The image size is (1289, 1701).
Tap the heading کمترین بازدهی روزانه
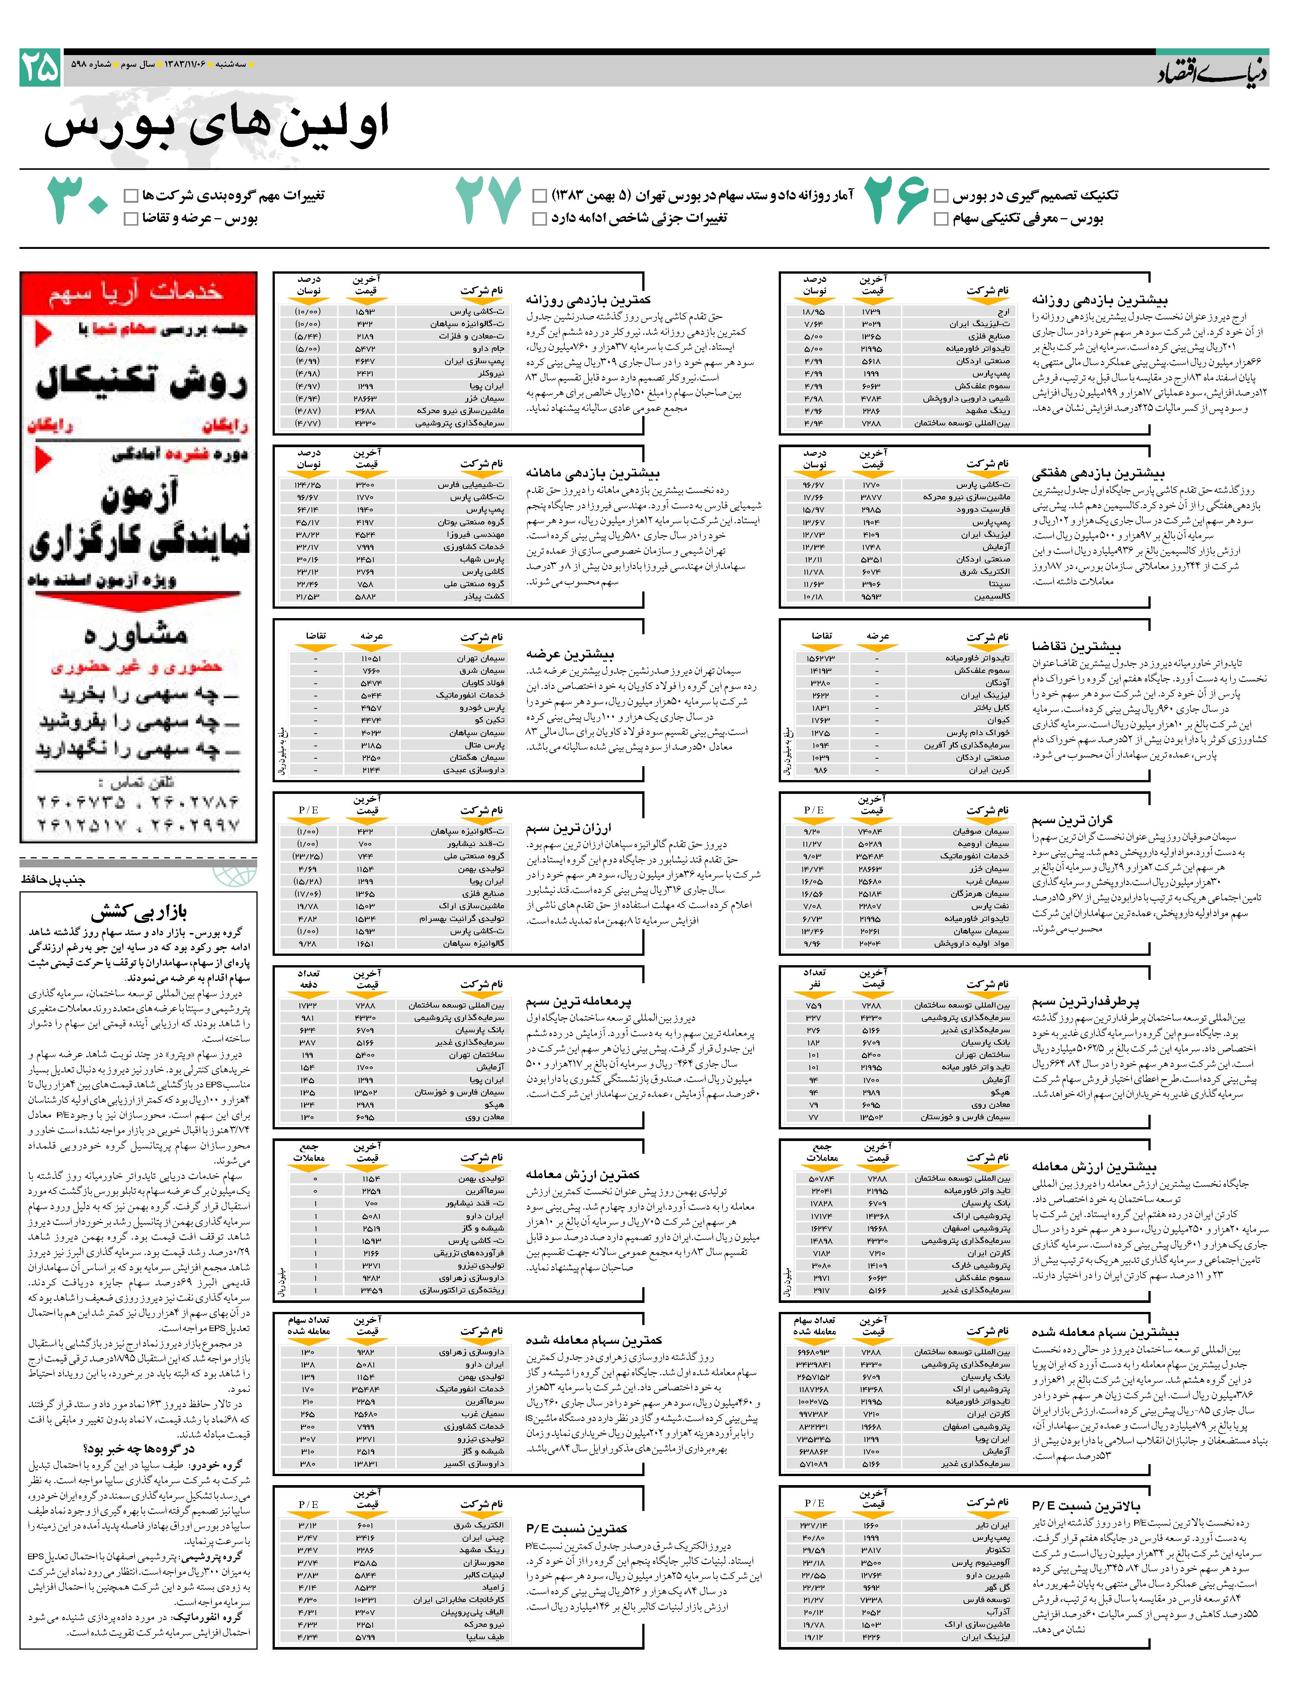(x=588, y=300)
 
